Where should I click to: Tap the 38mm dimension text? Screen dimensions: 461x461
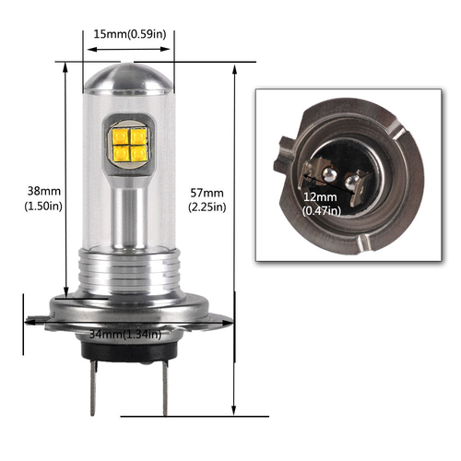(x=42, y=191)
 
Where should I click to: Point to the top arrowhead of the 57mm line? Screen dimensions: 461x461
(x=235, y=69)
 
